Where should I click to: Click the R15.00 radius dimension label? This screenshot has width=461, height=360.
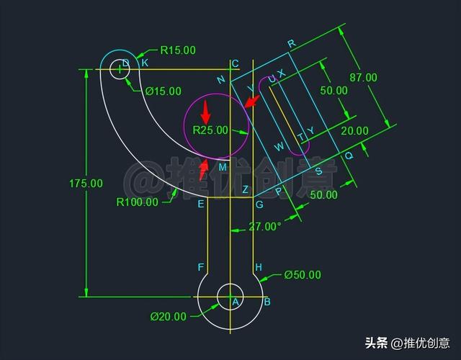[177, 50]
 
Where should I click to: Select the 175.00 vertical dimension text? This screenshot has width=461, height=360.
[86, 184]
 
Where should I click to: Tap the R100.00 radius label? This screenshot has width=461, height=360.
[137, 202]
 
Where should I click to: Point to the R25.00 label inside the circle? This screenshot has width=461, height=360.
[210, 130]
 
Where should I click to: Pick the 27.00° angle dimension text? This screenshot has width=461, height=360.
[264, 226]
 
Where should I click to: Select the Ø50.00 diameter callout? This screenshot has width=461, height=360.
[303, 274]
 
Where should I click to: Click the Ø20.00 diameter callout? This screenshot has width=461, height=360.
[168, 316]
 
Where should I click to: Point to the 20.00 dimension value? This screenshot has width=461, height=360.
[354, 131]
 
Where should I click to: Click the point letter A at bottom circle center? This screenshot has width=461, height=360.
[234, 302]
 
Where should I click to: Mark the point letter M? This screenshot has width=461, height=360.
[223, 167]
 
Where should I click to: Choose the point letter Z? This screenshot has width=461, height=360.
[245, 190]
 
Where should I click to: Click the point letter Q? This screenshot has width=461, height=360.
[350, 156]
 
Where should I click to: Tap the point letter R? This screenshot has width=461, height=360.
[291, 44]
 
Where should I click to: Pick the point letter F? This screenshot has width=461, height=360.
[201, 268]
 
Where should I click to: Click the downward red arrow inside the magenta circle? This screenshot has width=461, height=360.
[205, 112]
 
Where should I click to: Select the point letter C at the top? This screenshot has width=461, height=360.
[235, 63]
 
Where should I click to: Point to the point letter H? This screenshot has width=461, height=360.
[259, 268]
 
